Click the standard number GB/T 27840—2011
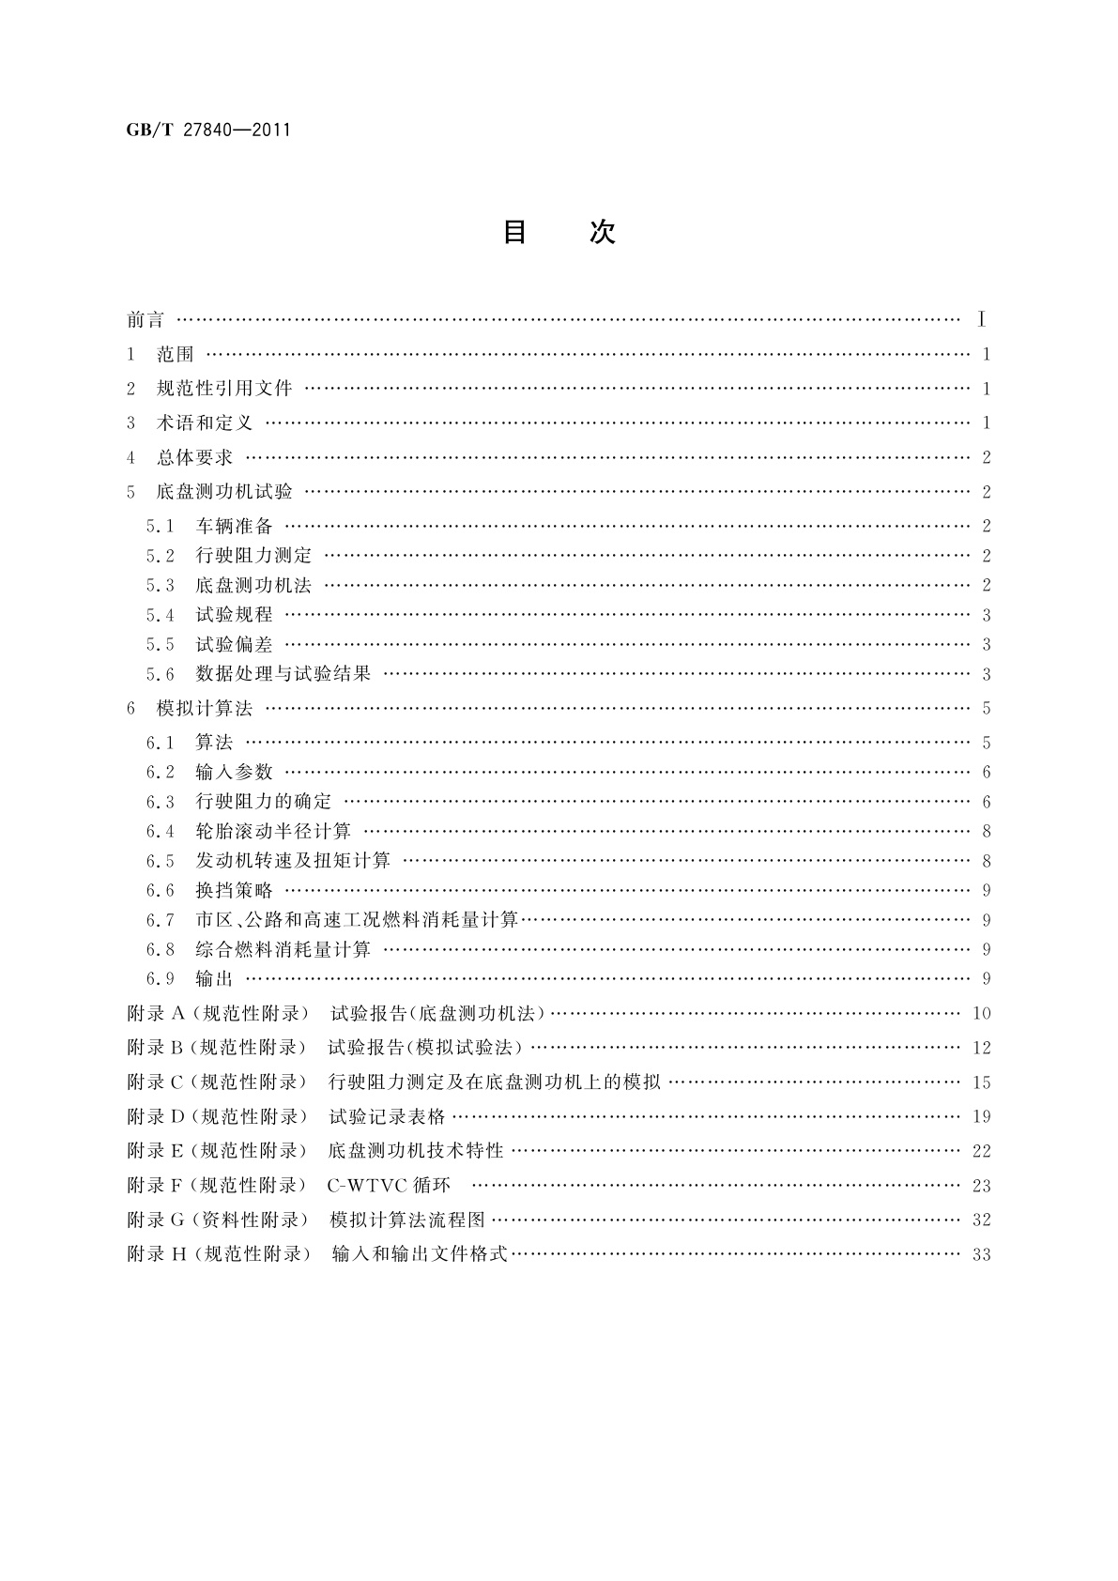coord(207,129)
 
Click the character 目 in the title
coord(514,232)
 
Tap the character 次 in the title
coord(602,232)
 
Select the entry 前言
coord(145,320)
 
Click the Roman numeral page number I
coord(981,320)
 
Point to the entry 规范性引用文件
coord(224,389)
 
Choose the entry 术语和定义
coord(205,423)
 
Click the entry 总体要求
coord(194,458)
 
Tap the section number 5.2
coord(160,556)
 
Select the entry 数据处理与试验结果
coord(283,674)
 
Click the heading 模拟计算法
coord(205,709)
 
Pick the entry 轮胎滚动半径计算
coord(273,831)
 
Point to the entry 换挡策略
coord(234,890)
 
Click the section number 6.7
coord(160,920)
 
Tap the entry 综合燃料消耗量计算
coord(283,949)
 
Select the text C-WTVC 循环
coord(389,1186)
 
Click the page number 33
coord(982,1255)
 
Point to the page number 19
coord(982,1117)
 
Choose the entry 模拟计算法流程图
coord(407,1220)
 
